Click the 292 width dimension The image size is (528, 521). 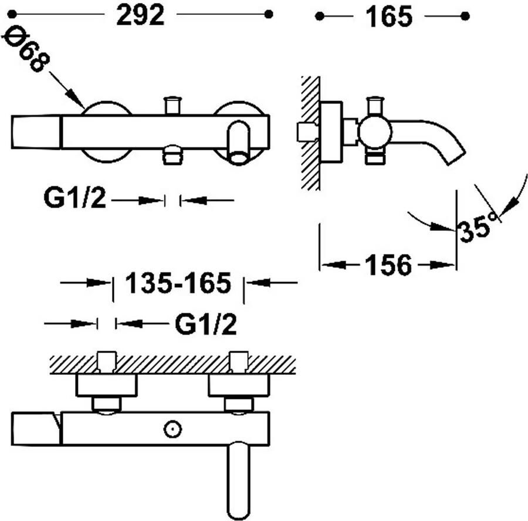pyautogui.click(x=140, y=15)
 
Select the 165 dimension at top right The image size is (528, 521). pyautogui.click(x=388, y=17)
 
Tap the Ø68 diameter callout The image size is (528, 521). pyautogui.click(x=26, y=48)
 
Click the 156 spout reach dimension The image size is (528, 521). pyautogui.click(x=388, y=265)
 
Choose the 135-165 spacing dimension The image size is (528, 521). pyautogui.click(x=178, y=283)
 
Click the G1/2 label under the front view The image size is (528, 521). pyautogui.click(x=75, y=198)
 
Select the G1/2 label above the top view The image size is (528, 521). pyautogui.click(x=206, y=324)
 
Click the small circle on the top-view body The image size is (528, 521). pyautogui.click(x=172, y=429)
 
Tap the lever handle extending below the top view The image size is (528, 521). pyautogui.click(x=239, y=480)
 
